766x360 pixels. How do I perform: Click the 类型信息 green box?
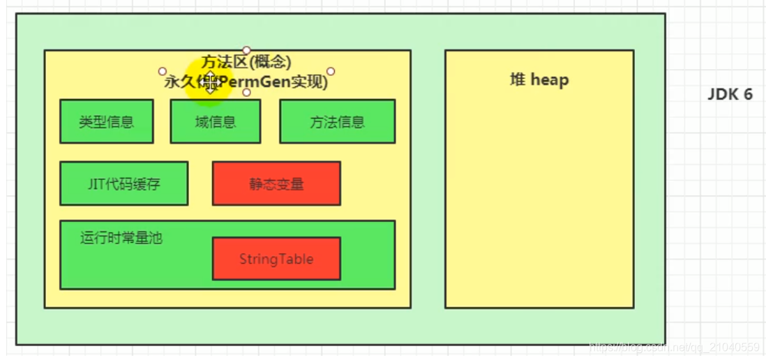(x=106, y=121)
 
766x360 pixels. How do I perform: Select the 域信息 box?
(x=215, y=121)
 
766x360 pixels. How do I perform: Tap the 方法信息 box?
(x=337, y=121)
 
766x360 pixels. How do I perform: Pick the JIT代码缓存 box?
(x=123, y=183)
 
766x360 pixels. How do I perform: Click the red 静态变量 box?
(x=276, y=183)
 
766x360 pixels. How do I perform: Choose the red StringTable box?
(x=276, y=259)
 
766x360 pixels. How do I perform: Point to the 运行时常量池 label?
(x=121, y=237)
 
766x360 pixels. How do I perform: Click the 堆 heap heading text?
(x=539, y=80)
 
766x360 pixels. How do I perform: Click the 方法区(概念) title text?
(x=246, y=62)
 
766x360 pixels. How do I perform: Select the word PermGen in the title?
(x=250, y=82)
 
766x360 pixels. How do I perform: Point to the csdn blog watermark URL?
(x=674, y=347)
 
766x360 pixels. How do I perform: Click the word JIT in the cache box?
(x=96, y=184)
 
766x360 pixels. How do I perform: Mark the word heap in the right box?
(x=550, y=80)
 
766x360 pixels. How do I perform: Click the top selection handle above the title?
(x=246, y=50)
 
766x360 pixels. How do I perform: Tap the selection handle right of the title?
(x=331, y=71)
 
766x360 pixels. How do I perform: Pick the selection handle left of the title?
(x=163, y=71)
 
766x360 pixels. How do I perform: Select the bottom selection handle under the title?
(x=246, y=92)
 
